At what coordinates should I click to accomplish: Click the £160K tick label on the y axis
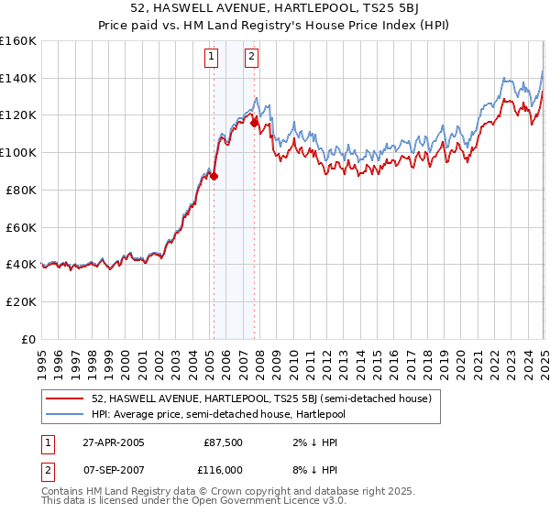18,41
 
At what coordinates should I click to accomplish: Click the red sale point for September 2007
254,123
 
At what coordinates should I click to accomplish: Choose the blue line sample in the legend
65,413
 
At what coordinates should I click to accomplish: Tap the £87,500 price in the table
221,442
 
